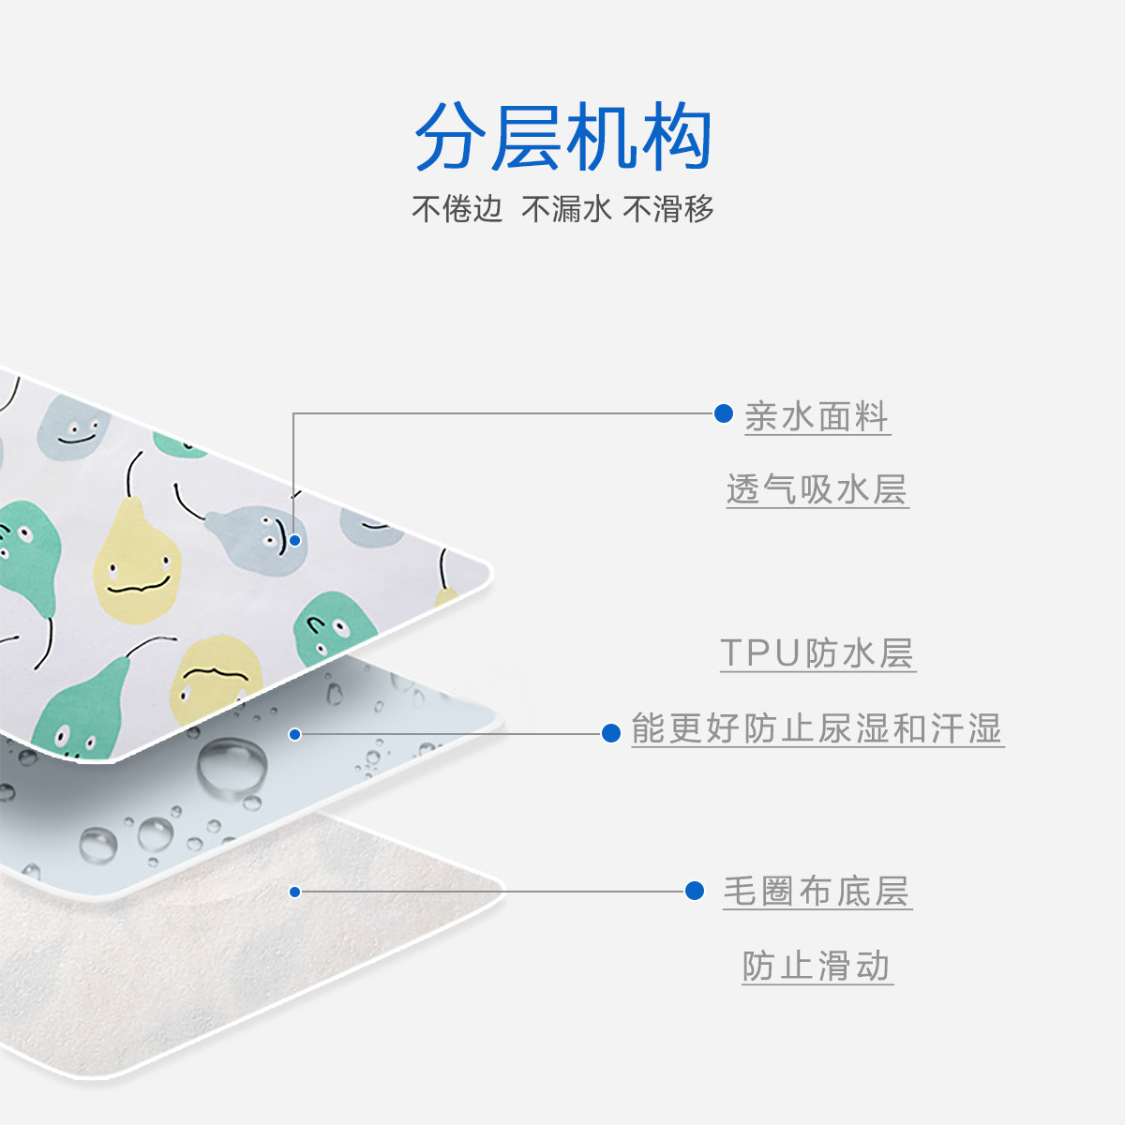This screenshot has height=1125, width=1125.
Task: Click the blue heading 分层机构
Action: pos(563,138)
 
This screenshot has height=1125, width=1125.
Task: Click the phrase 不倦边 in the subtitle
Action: pos(457,208)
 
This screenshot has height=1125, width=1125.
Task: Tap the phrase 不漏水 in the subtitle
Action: pos(566,208)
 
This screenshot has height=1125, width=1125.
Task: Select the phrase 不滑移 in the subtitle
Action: pos(668,208)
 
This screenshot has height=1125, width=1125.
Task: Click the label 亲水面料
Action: pos(817,417)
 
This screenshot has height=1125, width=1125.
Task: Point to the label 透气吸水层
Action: pos(817,489)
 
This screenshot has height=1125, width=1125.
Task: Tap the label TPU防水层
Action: pos(817,653)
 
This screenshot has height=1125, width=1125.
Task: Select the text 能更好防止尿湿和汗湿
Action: pos(817,728)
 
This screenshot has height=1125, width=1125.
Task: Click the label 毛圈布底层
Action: pos(817,892)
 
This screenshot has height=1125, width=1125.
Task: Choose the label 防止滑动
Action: pos(817,967)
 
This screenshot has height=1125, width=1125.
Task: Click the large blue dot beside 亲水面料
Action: pos(724,413)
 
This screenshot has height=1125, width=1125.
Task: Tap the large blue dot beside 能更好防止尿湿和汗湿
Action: pos(611,733)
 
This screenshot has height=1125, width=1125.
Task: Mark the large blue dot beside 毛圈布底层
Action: pos(695,891)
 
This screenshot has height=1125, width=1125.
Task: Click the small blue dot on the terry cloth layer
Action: pos(294,892)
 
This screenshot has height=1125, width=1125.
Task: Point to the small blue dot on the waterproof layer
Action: pos(294,734)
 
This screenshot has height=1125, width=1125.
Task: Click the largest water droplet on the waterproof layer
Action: pos(231,767)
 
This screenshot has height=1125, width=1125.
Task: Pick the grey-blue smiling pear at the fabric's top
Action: pos(75,428)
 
